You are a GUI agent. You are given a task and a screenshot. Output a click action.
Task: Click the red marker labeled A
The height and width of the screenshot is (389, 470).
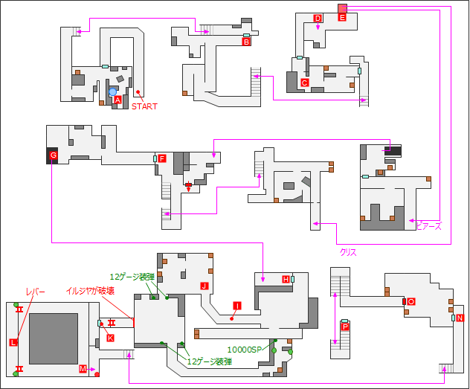click(x=117, y=100)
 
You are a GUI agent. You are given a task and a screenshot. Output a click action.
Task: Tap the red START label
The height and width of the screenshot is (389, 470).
click(x=144, y=106)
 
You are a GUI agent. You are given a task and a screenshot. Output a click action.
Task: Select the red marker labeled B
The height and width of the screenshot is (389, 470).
click(x=245, y=42)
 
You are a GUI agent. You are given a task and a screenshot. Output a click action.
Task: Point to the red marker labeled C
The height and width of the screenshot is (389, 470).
click(x=304, y=83)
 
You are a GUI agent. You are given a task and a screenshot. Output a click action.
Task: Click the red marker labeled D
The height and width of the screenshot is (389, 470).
click(x=318, y=19)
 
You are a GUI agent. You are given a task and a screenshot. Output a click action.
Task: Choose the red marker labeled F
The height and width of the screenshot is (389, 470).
click(x=161, y=158)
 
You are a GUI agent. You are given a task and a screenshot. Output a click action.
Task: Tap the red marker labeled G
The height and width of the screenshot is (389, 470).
click(x=53, y=155)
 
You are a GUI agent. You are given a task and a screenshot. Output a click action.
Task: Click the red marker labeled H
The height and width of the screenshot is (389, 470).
click(x=286, y=279)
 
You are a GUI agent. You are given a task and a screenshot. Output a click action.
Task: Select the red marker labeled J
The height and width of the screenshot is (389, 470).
click(x=203, y=286)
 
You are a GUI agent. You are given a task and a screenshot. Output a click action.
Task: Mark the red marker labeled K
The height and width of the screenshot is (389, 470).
click(x=110, y=338)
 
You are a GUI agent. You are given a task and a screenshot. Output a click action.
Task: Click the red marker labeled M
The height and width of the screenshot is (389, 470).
click(x=83, y=369)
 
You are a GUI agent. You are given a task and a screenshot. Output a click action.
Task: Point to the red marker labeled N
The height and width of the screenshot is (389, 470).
click(x=460, y=318)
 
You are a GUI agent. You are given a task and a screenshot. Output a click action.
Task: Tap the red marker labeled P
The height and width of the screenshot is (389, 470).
click(x=344, y=327)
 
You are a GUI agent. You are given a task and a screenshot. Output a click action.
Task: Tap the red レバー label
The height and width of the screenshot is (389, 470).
click(x=36, y=292)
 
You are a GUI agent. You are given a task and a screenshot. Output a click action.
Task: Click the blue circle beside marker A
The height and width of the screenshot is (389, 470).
click(x=113, y=92)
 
